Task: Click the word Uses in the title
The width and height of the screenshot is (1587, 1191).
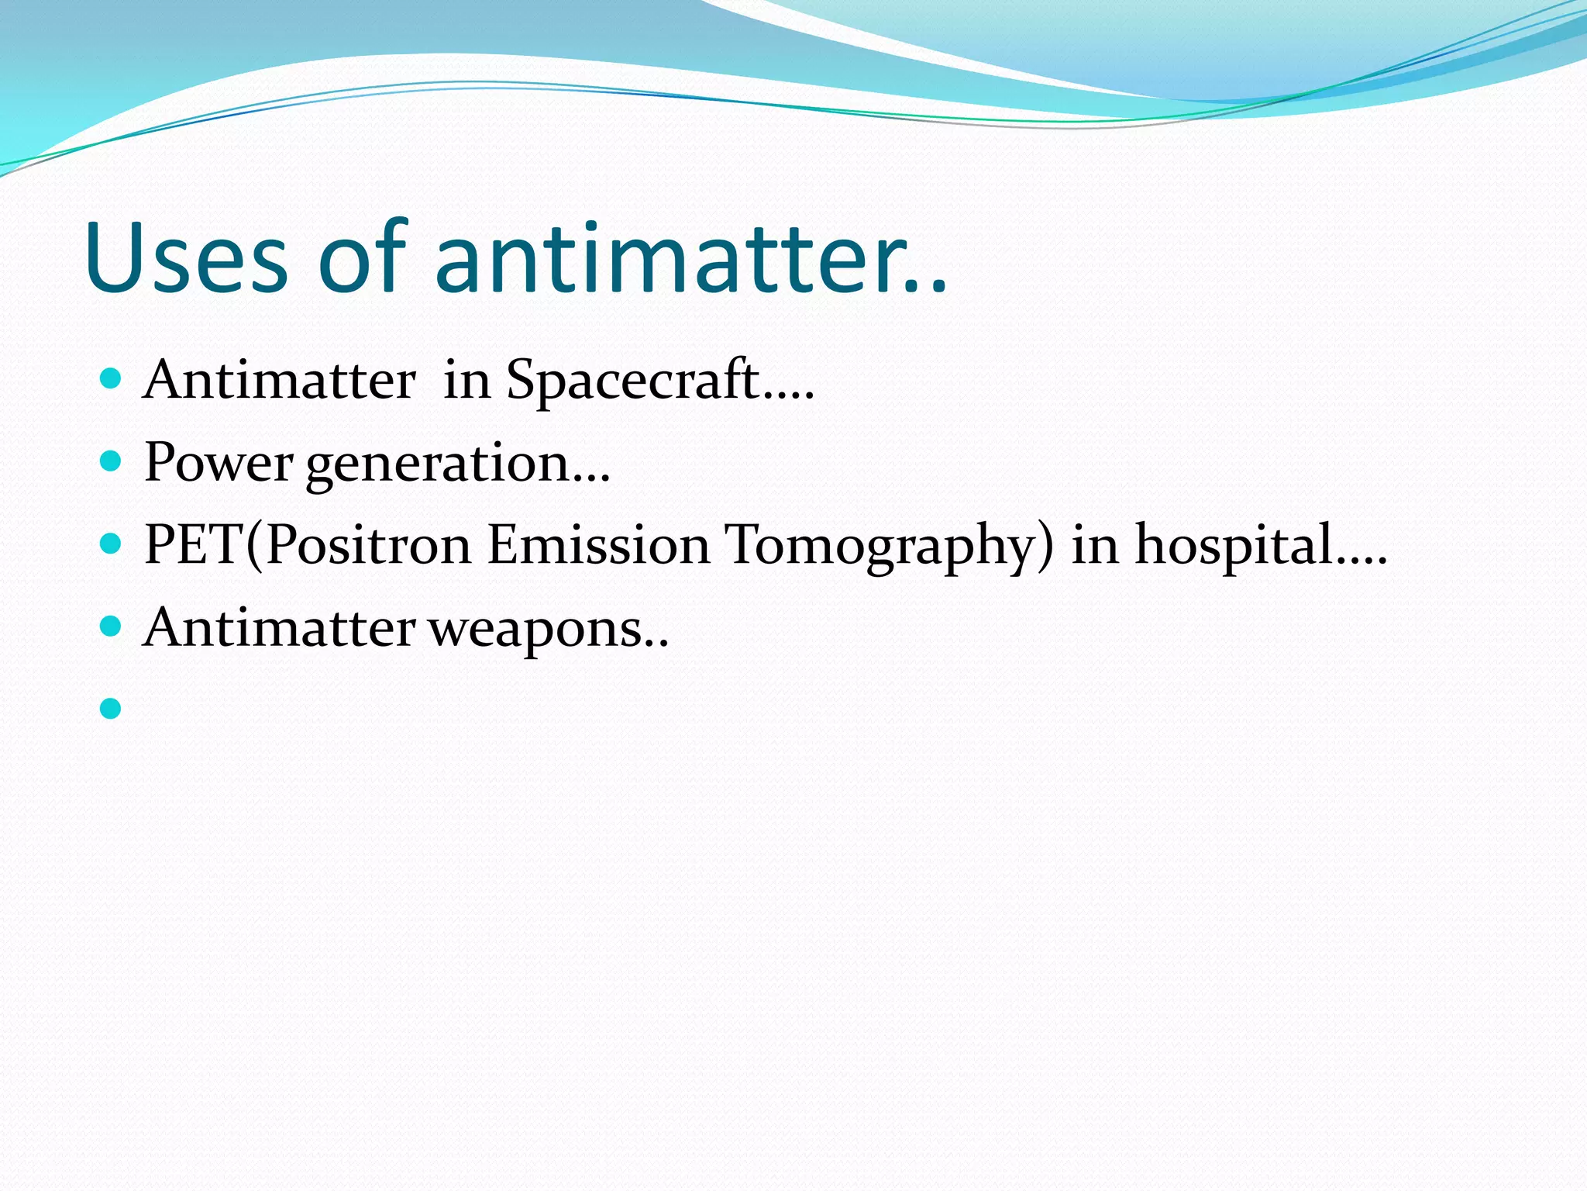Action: click(x=186, y=258)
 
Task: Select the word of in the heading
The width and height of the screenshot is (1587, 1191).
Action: click(x=362, y=258)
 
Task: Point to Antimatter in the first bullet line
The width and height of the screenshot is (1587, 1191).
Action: click(x=279, y=381)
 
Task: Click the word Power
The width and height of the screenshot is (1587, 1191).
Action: click(x=218, y=463)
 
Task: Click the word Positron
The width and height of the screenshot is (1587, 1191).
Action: click(x=368, y=544)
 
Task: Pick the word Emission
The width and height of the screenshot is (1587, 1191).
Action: click(x=598, y=544)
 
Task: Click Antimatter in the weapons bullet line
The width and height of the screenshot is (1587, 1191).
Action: click(x=279, y=627)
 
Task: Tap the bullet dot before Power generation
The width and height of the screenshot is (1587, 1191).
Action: click(x=111, y=462)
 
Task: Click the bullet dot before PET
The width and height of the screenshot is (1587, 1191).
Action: click(x=111, y=544)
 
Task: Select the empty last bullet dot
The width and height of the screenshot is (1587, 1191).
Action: click(x=111, y=708)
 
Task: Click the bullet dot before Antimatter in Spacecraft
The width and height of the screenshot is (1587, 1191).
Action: click(x=111, y=379)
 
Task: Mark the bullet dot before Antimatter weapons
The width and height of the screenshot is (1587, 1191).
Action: click(x=111, y=626)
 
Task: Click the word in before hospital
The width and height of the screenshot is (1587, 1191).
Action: click(x=1095, y=544)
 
